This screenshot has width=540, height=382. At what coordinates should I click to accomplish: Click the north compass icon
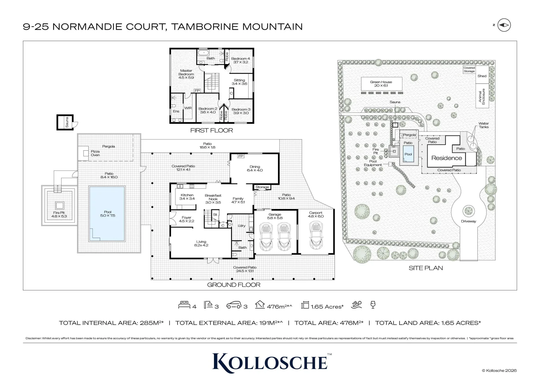click(x=504, y=25)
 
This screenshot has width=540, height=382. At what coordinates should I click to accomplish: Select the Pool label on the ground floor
click(x=108, y=214)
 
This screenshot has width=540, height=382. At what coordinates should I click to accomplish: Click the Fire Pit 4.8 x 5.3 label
click(x=59, y=214)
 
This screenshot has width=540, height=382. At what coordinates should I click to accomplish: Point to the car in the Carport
click(x=316, y=235)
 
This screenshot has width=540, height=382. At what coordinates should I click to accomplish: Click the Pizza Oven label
click(x=95, y=153)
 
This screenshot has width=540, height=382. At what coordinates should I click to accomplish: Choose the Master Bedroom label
click(x=186, y=74)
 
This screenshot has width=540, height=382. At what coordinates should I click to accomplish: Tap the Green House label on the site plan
click(x=381, y=84)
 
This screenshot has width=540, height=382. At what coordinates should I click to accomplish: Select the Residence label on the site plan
click(x=446, y=158)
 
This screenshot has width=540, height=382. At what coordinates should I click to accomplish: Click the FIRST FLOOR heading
click(x=211, y=131)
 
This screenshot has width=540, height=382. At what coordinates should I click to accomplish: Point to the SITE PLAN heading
click(x=425, y=268)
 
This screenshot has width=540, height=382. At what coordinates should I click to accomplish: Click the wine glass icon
click(x=372, y=305)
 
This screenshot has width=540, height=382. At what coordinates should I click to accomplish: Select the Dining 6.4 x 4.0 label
click(x=255, y=168)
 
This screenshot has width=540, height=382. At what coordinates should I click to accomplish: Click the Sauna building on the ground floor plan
click(x=65, y=122)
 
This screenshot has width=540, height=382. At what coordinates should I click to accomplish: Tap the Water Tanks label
click(x=483, y=125)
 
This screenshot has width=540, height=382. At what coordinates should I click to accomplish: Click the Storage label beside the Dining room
click(x=262, y=187)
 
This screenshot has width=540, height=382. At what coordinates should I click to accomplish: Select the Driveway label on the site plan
click(x=468, y=221)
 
